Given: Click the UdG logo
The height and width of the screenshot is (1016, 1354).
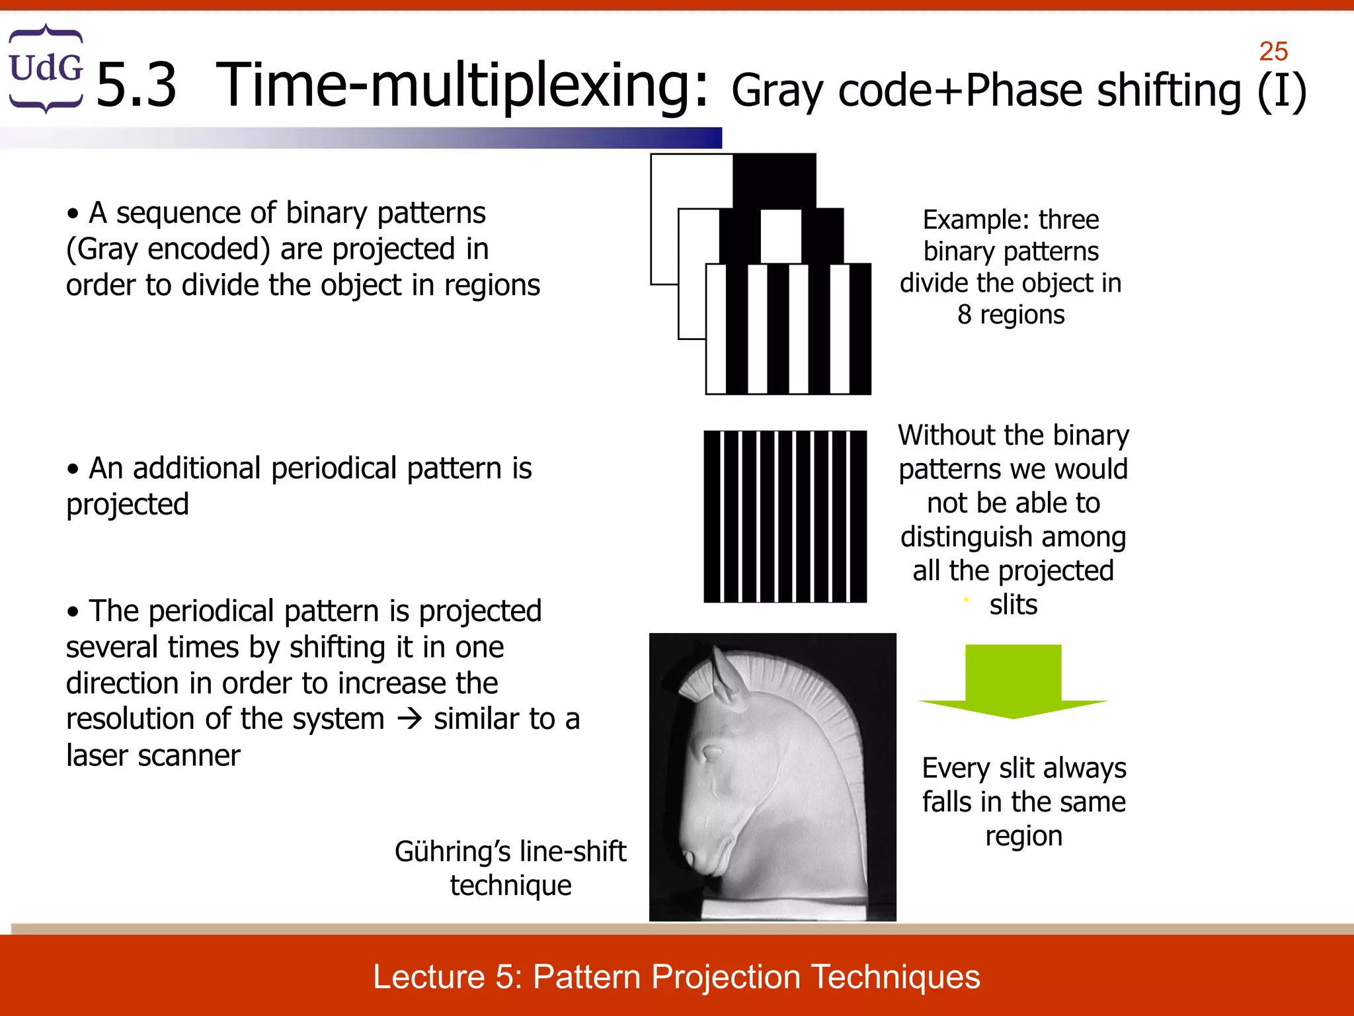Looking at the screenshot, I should tap(46, 68).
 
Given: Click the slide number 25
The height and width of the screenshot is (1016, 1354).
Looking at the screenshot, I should tap(1273, 52).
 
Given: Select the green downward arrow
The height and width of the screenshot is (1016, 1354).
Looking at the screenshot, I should tap(1013, 681).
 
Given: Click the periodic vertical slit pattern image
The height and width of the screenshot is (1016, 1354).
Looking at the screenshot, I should tap(785, 517).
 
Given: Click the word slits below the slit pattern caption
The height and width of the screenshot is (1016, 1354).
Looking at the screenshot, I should tap(1013, 605).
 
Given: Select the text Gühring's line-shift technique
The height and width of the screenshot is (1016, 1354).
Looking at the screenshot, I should tap(510, 868).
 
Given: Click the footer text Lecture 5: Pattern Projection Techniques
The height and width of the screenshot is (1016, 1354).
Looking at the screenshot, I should tap(676, 976).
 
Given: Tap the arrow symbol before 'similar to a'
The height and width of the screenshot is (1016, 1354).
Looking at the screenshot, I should tap(409, 719).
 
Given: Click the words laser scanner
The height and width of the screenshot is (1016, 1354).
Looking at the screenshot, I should tap(153, 755).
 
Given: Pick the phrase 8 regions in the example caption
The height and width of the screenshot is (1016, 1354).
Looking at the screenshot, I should tap(1010, 315).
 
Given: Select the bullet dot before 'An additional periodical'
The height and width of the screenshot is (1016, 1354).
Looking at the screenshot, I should tap(73, 469).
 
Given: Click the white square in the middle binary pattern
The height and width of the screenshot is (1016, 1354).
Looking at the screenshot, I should tap(781, 236).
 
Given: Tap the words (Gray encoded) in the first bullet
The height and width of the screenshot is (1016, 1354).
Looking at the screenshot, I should tap(169, 249).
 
